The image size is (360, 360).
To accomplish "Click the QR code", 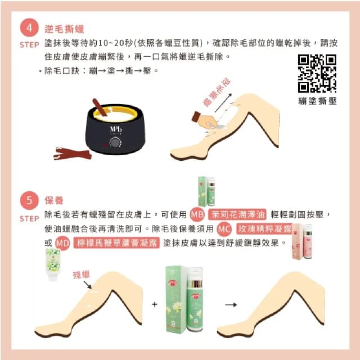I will [317, 74].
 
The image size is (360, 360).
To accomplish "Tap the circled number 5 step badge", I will [29, 200].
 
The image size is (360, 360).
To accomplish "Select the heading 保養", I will [55, 200].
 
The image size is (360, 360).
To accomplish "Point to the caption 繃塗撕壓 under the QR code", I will [317, 101].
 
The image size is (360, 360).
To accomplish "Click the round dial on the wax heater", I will [116, 143].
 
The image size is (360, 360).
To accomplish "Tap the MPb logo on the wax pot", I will [115, 129].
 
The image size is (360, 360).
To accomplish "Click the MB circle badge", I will [196, 215].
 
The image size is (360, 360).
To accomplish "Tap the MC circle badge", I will [224, 229].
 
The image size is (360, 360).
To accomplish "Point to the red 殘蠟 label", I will [82, 274].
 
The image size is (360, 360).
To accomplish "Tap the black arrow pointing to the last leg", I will [230, 304].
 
